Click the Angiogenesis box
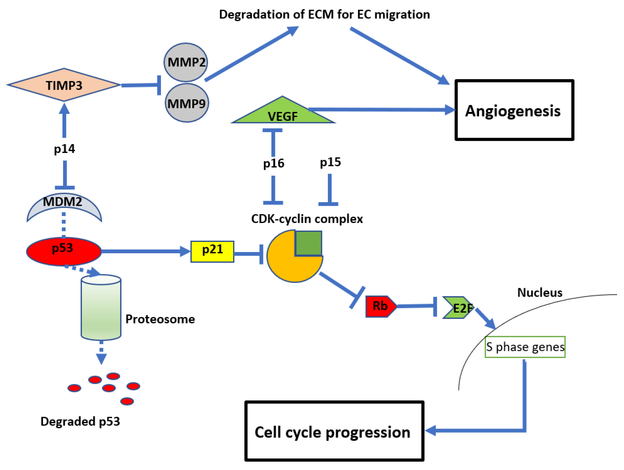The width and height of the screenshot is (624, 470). [x=514, y=110]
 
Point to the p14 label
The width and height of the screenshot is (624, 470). [x=64, y=149]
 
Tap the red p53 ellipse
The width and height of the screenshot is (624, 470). [x=64, y=251]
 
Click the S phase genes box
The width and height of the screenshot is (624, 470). [x=525, y=347]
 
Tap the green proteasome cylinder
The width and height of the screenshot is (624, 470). [x=101, y=307]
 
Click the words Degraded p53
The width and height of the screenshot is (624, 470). [x=80, y=421]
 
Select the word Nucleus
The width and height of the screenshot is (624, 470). [x=539, y=292]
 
